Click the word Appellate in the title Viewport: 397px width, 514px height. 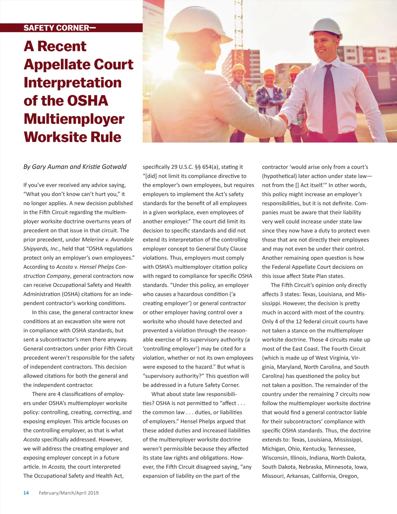[x=78, y=65]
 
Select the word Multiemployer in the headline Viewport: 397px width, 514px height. [x=74, y=119]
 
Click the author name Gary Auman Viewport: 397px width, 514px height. [x=50, y=167]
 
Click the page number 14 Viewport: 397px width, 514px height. [x=26, y=493]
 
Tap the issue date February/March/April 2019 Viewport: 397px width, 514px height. [x=69, y=493]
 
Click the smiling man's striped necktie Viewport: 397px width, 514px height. [x=330, y=103]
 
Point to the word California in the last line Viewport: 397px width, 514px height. [x=324, y=476]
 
